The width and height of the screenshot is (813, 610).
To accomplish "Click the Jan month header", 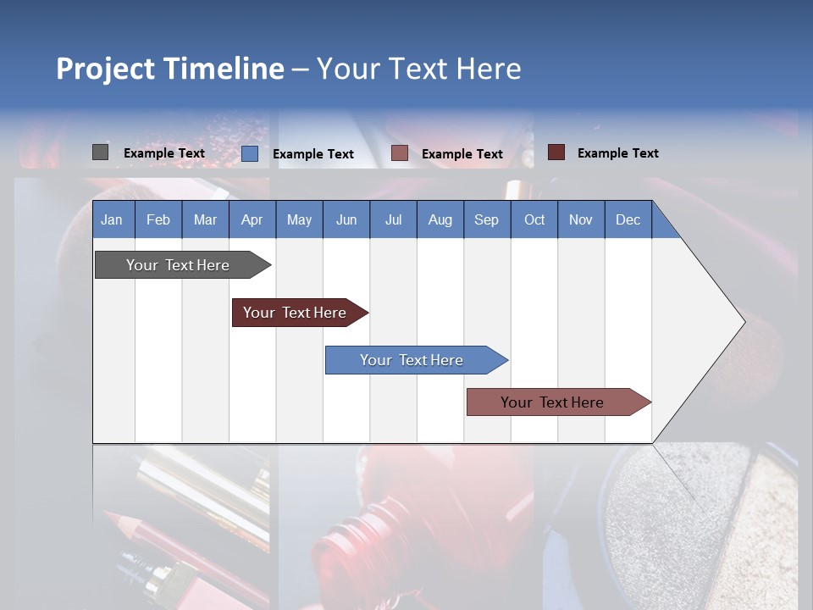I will click(x=112, y=219).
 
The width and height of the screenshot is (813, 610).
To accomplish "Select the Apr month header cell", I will click(x=252, y=219).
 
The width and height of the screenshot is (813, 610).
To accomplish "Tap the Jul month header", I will click(x=393, y=219).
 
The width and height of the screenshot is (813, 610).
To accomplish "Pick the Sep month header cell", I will click(x=486, y=219).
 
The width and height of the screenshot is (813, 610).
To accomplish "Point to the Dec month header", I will click(x=628, y=219).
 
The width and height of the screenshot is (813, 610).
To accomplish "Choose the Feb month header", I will click(x=158, y=219).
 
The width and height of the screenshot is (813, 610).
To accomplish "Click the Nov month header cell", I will click(x=581, y=219).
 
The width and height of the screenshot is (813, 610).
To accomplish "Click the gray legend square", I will click(x=100, y=152).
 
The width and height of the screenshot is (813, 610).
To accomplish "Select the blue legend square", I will click(x=249, y=153).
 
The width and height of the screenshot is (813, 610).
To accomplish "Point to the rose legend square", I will click(x=400, y=153).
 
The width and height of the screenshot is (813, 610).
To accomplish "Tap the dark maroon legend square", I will click(x=556, y=152).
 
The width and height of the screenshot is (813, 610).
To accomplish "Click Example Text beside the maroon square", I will click(x=617, y=153).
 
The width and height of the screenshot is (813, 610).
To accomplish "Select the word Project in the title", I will click(x=106, y=69).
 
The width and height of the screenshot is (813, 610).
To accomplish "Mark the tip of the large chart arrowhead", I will click(x=744, y=322).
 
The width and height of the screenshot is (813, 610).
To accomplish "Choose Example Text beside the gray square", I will click(x=163, y=153).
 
